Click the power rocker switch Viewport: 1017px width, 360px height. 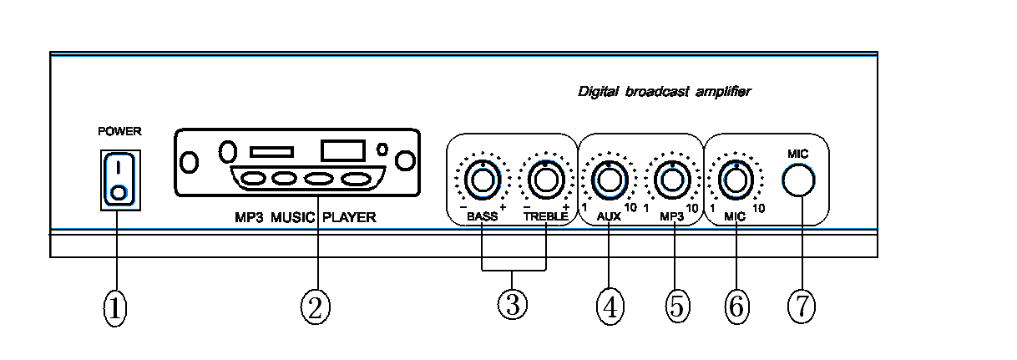tap(119, 178)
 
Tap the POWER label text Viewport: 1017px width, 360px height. tap(120, 131)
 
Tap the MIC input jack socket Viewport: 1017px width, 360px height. tap(799, 179)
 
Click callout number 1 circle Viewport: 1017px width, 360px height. tap(114, 308)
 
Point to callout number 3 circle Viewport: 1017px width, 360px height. tap(513, 305)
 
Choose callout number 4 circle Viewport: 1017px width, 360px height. tap(610, 307)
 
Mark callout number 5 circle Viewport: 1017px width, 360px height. tap(675, 307)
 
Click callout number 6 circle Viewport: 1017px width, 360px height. tap(736, 307)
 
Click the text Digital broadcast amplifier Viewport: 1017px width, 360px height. tap(664, 91)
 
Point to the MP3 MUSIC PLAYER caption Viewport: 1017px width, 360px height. tap(306, 218)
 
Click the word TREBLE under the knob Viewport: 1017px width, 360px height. tap(546, 216)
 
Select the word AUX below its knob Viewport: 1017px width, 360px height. tap(610, 216)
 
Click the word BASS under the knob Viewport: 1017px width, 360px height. tap(481, 216)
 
